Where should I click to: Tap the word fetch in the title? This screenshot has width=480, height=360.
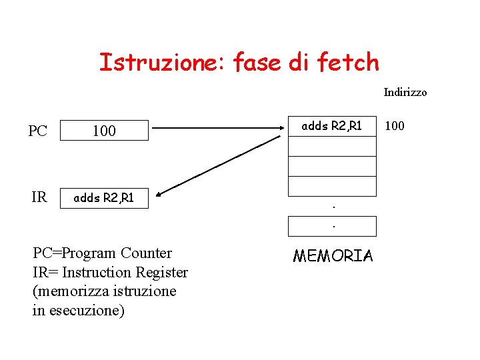coord(348,63)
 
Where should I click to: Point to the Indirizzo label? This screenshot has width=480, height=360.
coord(405,93)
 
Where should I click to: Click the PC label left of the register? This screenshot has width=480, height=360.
coord(37,131)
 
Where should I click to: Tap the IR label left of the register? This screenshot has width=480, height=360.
coord(39,197)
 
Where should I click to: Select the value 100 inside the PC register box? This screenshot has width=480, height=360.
coord(104,131)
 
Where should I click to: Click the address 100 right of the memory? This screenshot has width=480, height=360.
coord(395,126)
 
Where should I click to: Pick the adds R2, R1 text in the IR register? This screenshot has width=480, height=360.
coord(104,197)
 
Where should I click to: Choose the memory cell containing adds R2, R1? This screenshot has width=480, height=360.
coord(332,126)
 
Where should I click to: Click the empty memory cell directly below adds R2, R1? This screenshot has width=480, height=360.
coord(332,147)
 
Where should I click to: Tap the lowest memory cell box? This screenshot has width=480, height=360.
coord(332,227)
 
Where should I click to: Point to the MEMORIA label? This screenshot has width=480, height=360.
coord(333,256)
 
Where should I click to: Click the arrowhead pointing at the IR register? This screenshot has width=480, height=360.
coord(163,192)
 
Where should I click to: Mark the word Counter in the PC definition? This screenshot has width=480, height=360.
coord(146,253)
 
